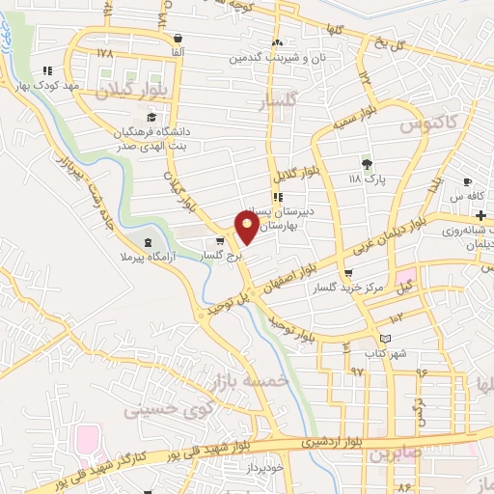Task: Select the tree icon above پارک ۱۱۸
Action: tap(367, 163)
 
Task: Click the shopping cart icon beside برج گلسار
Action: tap(222, 241)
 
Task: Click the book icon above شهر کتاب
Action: tap(386, 340)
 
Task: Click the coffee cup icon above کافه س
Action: tap(468, 181)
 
